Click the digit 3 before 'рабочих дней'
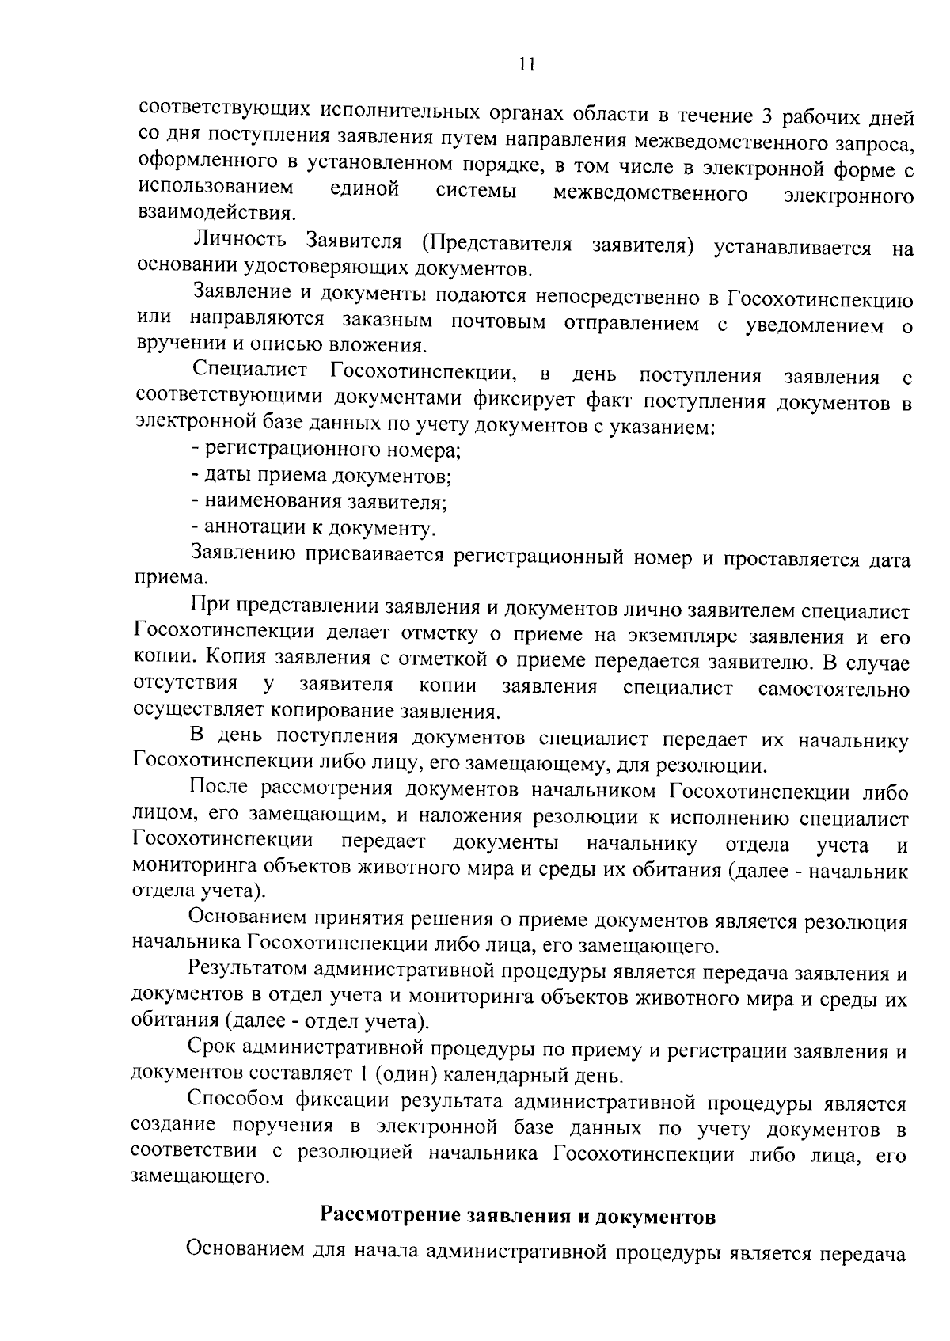click(x=766, y=116)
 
